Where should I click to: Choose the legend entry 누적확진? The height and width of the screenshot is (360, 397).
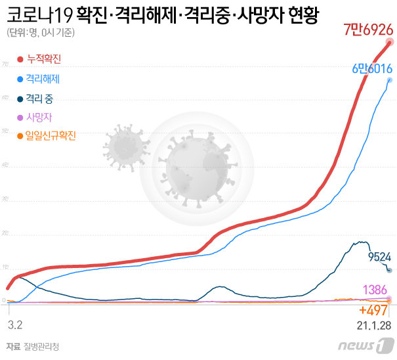(43, 60)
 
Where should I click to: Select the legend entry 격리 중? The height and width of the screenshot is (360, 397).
(40, 99)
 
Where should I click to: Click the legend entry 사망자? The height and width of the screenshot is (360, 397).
(35, 118)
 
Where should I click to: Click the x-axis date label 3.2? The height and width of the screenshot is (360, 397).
(14, 325)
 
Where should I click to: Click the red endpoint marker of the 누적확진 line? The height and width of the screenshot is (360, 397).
(390, 43)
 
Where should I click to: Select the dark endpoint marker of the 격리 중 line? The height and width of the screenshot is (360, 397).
(390, 270)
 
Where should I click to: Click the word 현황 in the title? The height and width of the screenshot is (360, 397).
(301, 15)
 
